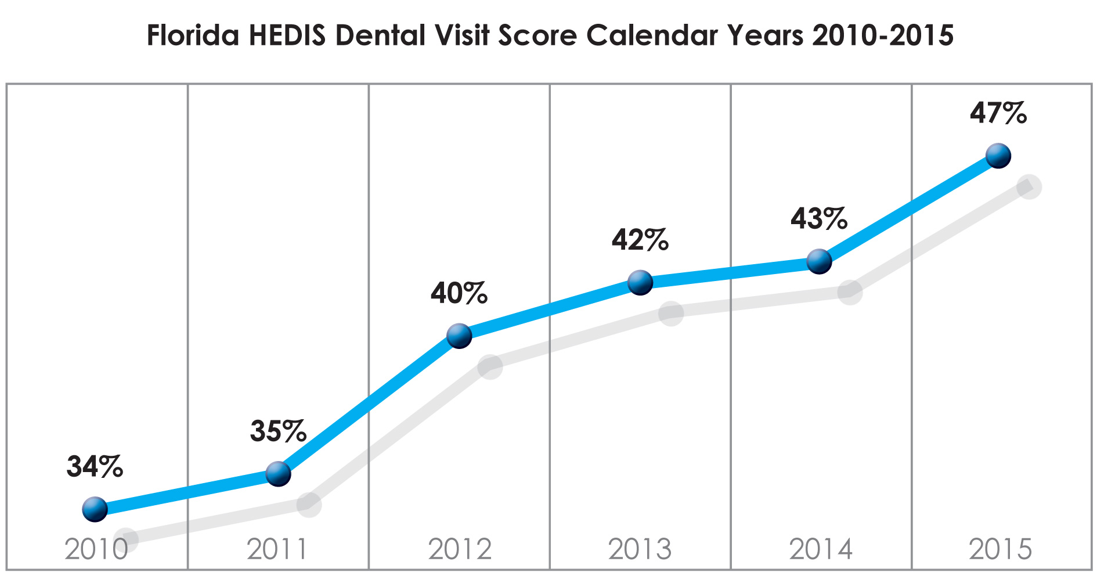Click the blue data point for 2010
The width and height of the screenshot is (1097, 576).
(95, 509)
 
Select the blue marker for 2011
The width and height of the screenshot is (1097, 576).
(278, 474)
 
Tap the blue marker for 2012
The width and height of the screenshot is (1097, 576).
(459, 336)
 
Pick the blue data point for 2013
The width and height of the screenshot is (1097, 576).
(640, 283)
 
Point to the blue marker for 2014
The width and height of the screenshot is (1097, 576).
(820, 261)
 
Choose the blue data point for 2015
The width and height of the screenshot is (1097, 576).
(998, 156)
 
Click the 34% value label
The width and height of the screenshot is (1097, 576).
(95, 466)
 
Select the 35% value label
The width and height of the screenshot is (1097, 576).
(278, 431)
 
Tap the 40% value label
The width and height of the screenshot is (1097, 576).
(459, 293)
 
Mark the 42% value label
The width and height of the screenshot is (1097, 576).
(640, 240)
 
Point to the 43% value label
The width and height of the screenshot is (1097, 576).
(819, 219)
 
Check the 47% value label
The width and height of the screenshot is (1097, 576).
(998, 113)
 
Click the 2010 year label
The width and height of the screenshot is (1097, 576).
(96, 549)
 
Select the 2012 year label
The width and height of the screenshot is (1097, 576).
(460, 549)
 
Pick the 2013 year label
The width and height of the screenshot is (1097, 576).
(640, 549)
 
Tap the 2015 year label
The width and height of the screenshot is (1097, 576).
(1001, 549)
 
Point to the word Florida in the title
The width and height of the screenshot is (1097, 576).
(193, 35)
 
